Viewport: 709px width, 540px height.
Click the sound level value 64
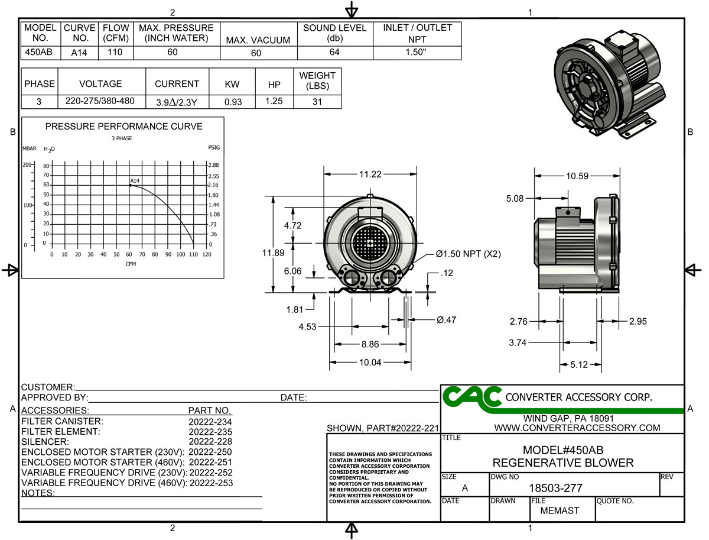(334, 52)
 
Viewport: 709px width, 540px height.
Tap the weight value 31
(317, 102)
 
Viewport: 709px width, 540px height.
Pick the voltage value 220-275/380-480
(100, 101)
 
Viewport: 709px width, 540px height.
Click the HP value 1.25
(274, 102)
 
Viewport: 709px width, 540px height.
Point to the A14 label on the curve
(135, 180)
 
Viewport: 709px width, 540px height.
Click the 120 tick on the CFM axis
(206, 254)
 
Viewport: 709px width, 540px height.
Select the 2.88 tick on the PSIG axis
(214, 165)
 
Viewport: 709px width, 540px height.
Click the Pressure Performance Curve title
(123, 127)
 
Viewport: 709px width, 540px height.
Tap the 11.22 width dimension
(370, 174)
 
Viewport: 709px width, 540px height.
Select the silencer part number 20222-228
(210, 442)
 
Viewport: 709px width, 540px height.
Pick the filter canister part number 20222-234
(210, 422)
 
